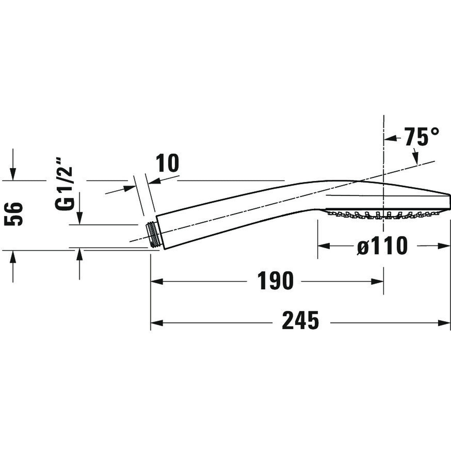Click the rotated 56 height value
14,214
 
